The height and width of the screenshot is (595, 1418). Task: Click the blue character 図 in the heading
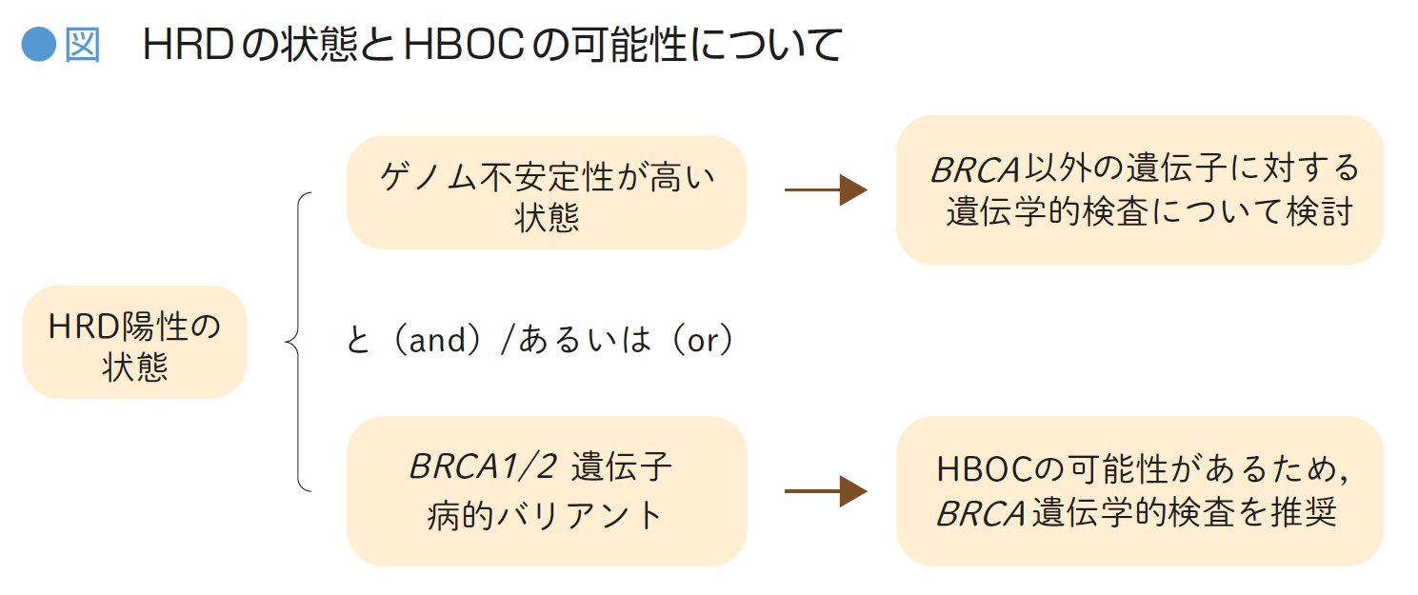[82, 45]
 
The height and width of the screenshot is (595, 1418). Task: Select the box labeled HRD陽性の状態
[134, 342]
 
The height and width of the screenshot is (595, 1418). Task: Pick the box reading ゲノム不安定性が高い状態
[547, 192]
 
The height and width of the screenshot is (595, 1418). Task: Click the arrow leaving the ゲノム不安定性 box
[824, 190]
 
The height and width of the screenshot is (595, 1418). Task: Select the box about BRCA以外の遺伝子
[1139, 190]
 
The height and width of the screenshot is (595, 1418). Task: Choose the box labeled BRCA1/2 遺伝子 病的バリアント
[547, 491]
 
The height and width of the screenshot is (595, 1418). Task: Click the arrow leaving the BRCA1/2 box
[824, 491]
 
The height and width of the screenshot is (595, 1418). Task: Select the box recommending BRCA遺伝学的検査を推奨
[1139, 491]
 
